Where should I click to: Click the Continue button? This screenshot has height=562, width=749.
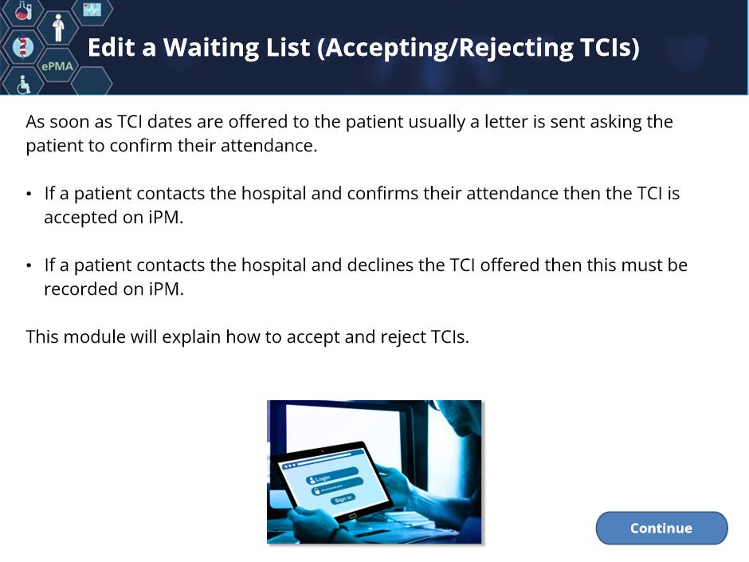click(661, 528)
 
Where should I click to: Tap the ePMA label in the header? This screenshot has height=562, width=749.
click(57, 66)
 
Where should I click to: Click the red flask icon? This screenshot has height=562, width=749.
click(23, 10)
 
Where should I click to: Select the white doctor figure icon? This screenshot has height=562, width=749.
click(58, 28)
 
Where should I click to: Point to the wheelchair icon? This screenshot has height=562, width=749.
click(23, 84)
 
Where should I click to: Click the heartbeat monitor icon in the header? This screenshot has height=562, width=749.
click(92, 9)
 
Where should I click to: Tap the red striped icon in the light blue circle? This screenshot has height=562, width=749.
click(22, 47)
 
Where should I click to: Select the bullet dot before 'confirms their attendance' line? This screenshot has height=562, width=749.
click(29, 194)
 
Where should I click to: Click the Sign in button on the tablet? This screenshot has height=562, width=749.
click(343, 499)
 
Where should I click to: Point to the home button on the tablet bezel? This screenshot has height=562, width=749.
click(352, 516)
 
